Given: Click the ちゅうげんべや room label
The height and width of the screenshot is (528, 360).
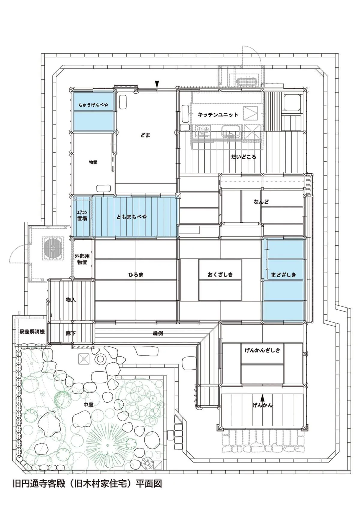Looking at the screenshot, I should tap(93, 105).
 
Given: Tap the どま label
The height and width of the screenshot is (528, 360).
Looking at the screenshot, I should tap(145, 135).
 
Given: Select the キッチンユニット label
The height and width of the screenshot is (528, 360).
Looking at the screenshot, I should tap(218, 115).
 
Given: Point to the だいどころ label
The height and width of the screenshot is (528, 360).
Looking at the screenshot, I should tap(243, 157).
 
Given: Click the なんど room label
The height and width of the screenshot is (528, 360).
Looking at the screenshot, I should tap(261, 202).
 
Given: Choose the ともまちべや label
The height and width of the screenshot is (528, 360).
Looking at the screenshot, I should tap(132, 217).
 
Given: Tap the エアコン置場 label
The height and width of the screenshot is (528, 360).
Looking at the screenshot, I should tap(82, 216).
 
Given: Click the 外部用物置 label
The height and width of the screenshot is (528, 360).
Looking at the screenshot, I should tap(82, 259).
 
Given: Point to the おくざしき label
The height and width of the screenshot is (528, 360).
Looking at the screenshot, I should tap(220, 274).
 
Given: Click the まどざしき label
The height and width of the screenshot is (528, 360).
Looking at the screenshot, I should tap(283, 274).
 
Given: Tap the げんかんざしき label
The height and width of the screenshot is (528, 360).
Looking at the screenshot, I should tap(262, 350).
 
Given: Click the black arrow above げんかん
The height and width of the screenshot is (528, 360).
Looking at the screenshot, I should tap(262, 398).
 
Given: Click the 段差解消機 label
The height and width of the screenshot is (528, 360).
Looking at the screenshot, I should tap(32, 332).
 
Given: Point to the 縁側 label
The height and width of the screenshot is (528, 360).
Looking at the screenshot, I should tap(158, 333).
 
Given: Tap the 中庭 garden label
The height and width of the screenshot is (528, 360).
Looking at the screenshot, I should tap(88, 404).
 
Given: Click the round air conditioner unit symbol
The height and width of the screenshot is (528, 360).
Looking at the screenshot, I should tap(53, 248).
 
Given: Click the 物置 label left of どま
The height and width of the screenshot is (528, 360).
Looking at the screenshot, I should tap(93, 162).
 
